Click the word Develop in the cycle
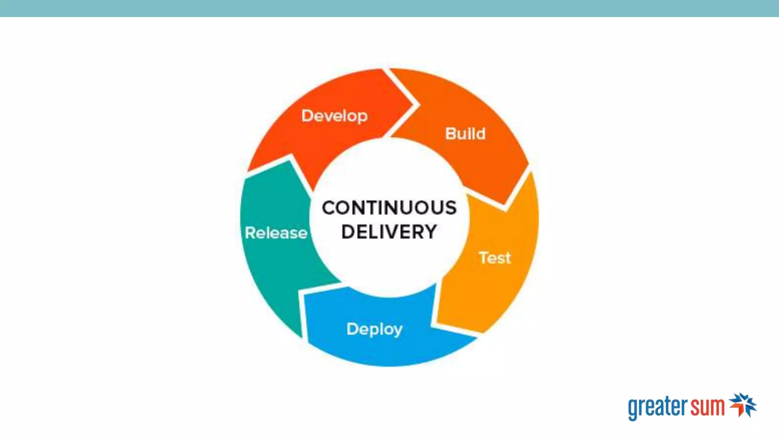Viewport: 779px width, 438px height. (334, 116)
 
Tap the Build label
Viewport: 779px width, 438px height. (465, 134)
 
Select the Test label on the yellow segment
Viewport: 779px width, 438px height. (494, 258)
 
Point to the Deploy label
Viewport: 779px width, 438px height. (374, 329)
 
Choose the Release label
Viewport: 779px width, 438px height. (276, 233)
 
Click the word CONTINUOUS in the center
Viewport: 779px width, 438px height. (389, 208)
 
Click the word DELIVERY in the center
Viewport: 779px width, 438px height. (389, 232)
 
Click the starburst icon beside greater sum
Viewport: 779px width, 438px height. (743, 405)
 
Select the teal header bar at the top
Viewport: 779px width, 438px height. (389, 8)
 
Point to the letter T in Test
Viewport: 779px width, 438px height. (483, 257)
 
